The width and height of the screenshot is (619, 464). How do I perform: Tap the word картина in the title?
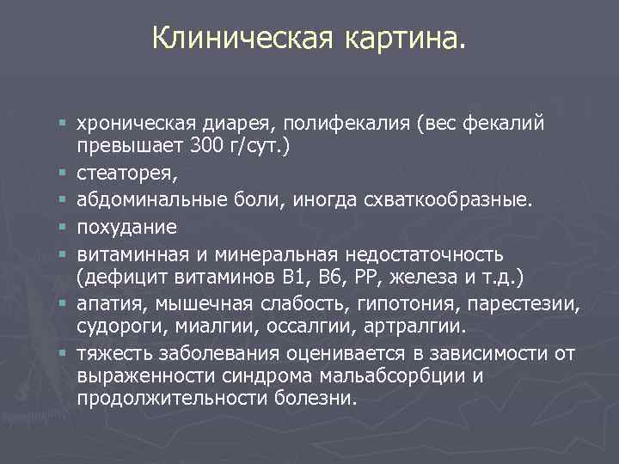tap(403, 37)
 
